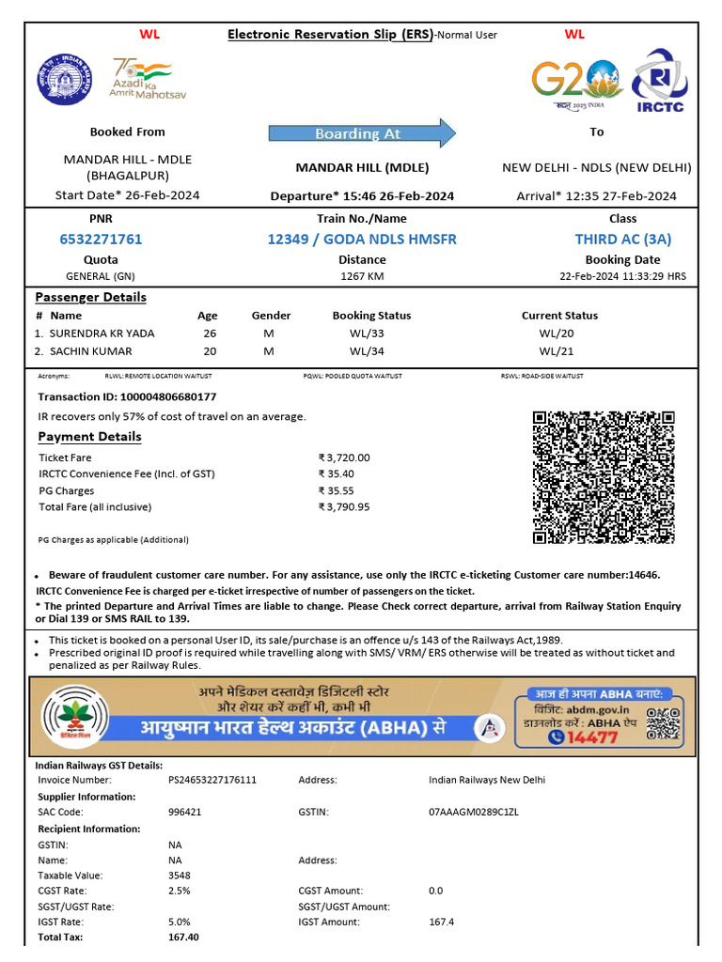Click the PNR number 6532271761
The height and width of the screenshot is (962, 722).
[x=101, y=240]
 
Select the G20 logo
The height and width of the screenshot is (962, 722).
[x=575, y=83]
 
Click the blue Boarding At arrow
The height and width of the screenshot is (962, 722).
[x=362, y=133]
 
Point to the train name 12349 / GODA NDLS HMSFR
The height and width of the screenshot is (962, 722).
[x=362, y=240]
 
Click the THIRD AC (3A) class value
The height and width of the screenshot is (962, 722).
[x=623, y=240]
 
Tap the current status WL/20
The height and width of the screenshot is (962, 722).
[x=556, y=334]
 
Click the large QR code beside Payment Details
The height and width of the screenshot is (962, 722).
[x=604, y=477]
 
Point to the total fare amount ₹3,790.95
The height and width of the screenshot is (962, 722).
[x=344, y=507]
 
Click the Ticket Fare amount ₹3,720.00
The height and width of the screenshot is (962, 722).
[x=344, y=458]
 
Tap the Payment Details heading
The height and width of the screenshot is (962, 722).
[x=89, y=437]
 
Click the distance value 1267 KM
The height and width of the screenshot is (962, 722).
[x=362, y=276]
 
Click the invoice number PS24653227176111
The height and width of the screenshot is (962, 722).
[x=212, y=781]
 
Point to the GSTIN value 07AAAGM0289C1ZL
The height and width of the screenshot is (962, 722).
[x=474, y=812]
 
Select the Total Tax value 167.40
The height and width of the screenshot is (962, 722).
[x=183, y=938]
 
